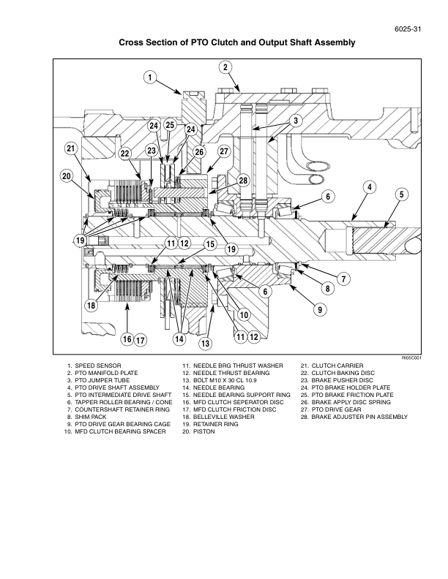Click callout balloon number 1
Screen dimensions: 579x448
(x=149, y=77)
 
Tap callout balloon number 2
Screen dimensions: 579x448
(x=225, y=67)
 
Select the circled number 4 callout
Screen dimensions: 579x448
(x=370, y=187)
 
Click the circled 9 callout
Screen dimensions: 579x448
(x=319, y=309)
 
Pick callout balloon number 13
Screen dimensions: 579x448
(x=206, y=343)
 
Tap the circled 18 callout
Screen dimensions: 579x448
(x=92, y=306)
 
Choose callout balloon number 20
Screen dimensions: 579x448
(x=67, y=176)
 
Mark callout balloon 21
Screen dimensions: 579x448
(x=71, y=149)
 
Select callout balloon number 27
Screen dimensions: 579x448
(x=224, y=151)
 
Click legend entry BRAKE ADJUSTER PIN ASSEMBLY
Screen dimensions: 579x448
(x=359, y=417)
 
